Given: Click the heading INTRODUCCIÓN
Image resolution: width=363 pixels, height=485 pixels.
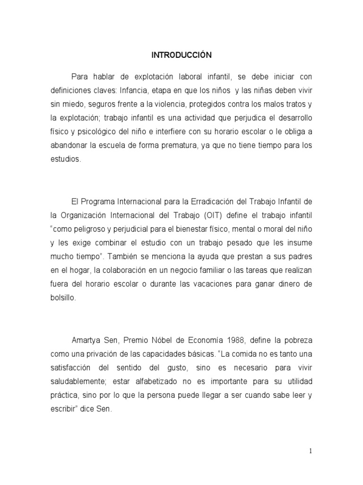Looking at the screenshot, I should tap(181, 55).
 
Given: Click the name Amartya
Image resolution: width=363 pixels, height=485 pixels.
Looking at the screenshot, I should tap(84, 341).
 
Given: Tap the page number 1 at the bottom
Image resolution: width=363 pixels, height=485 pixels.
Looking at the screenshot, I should tap(311, 451).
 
